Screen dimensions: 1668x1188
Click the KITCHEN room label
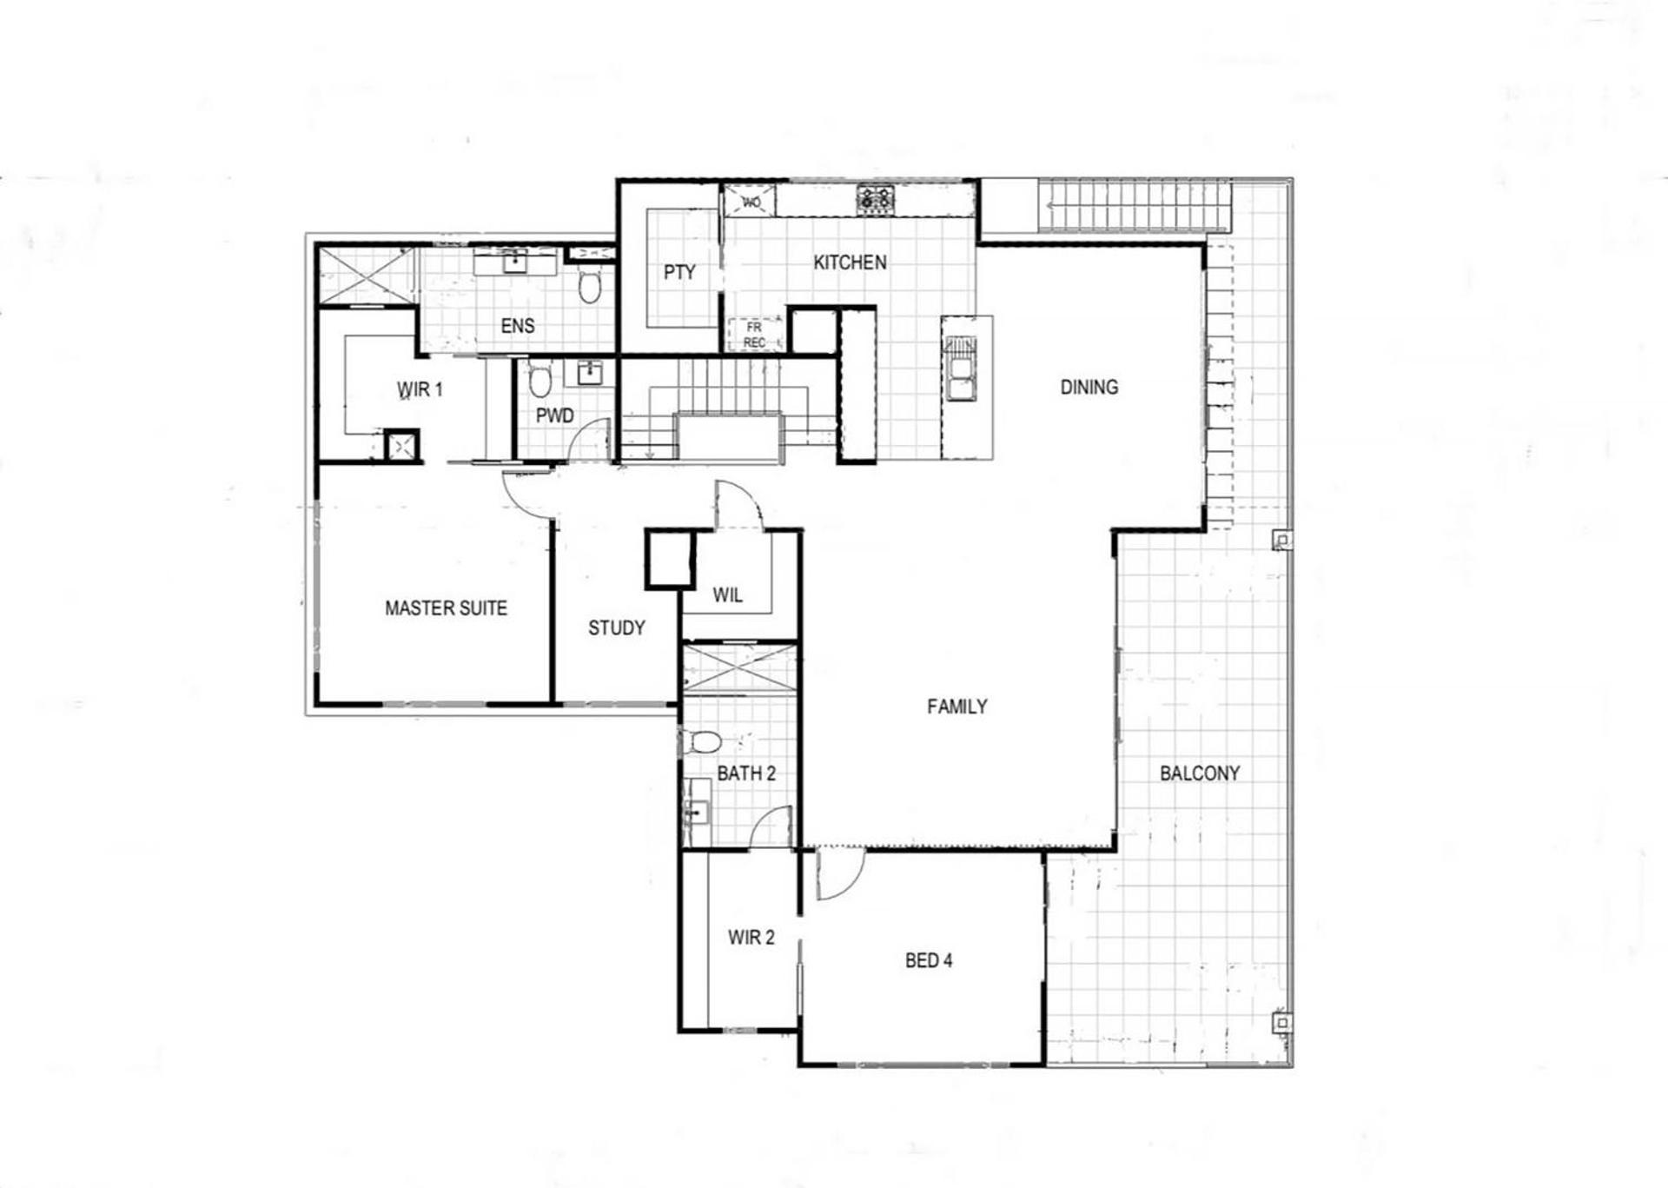pyautogui.click(x=850, y=262)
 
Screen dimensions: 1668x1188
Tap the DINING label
pyautogui.click(x=1089, y=388)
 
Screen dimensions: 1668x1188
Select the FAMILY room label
pyautogui.click(x=956, y=707)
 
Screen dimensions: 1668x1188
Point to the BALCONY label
pyautogui.click(x=1200, y=773)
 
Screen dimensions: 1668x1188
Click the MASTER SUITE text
pyautogui.click(x=446, y=608)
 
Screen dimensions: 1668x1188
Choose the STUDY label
pyautogui.click(x=616, y=627)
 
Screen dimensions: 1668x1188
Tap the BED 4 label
pyautogui.click(x=929, y=960)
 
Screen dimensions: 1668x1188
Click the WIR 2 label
pyautogui.click(x=751, y=938)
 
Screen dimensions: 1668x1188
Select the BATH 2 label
pyautogui.click(x=746, y=773)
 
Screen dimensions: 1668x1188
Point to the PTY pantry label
pyautogui.click(x=679, y=273)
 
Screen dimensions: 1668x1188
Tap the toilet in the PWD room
pyautogui.click(x=539, y=379)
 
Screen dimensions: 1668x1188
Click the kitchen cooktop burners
pyautogui.click(x=875, y=200)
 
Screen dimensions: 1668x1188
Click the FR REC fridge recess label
pyautogui.click(x=754, y=335)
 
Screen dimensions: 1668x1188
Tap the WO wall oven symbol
pyautogui.click(x=751, y=202)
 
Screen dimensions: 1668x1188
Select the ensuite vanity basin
pyautogui.click(x=515, y=262)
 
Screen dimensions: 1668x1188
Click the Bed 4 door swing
pyautogui.click(x=841, y=875)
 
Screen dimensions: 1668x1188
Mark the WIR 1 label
pyautogui.click(x=420, y=389)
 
